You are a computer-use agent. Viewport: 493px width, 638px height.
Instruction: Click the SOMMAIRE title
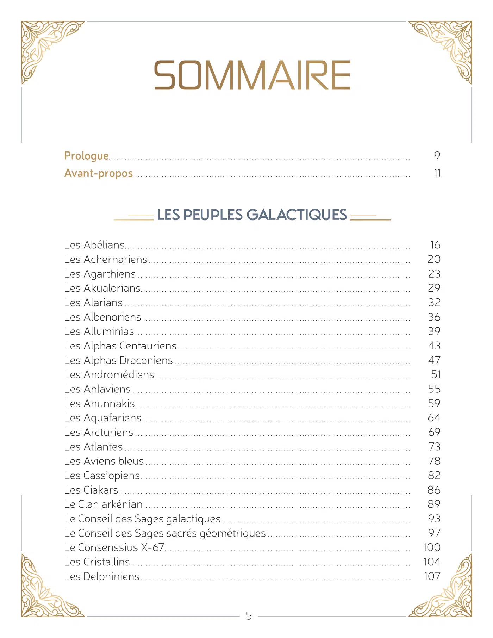point(252,75)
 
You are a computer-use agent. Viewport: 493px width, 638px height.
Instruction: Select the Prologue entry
point(86,156)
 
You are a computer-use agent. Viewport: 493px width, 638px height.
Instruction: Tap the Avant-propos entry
point(99,173)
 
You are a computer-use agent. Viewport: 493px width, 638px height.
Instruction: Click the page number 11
point(437,173)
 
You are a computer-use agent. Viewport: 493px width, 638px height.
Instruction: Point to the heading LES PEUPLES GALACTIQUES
point(252,215)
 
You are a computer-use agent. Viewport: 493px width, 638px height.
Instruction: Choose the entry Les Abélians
point(94,245)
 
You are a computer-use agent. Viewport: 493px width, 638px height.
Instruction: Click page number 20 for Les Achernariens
point(434,259)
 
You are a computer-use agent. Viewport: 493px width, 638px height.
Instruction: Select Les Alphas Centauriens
point(120,346)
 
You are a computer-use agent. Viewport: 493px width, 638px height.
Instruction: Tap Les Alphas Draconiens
point(118,360)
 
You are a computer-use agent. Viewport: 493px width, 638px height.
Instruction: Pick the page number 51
point(436,374)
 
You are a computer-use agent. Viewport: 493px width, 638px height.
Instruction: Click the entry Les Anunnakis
point(100,403)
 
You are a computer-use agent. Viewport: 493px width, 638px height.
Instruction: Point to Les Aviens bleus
point(104,461)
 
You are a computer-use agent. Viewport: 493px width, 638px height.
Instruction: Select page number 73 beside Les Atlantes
point(435,447)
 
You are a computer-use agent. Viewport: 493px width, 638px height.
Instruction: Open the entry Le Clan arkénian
point(103,504)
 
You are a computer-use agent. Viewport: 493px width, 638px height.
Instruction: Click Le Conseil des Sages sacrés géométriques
point(165,533)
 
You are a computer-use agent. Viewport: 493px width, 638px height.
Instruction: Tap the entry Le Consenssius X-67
point(114,547)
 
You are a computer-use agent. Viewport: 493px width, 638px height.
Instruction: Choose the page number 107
point(432,576)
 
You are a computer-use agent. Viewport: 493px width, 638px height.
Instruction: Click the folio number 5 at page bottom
point(249,616)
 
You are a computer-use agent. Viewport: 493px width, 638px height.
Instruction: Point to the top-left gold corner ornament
point(46,46)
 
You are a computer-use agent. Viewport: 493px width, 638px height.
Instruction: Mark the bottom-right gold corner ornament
point(447,592)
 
